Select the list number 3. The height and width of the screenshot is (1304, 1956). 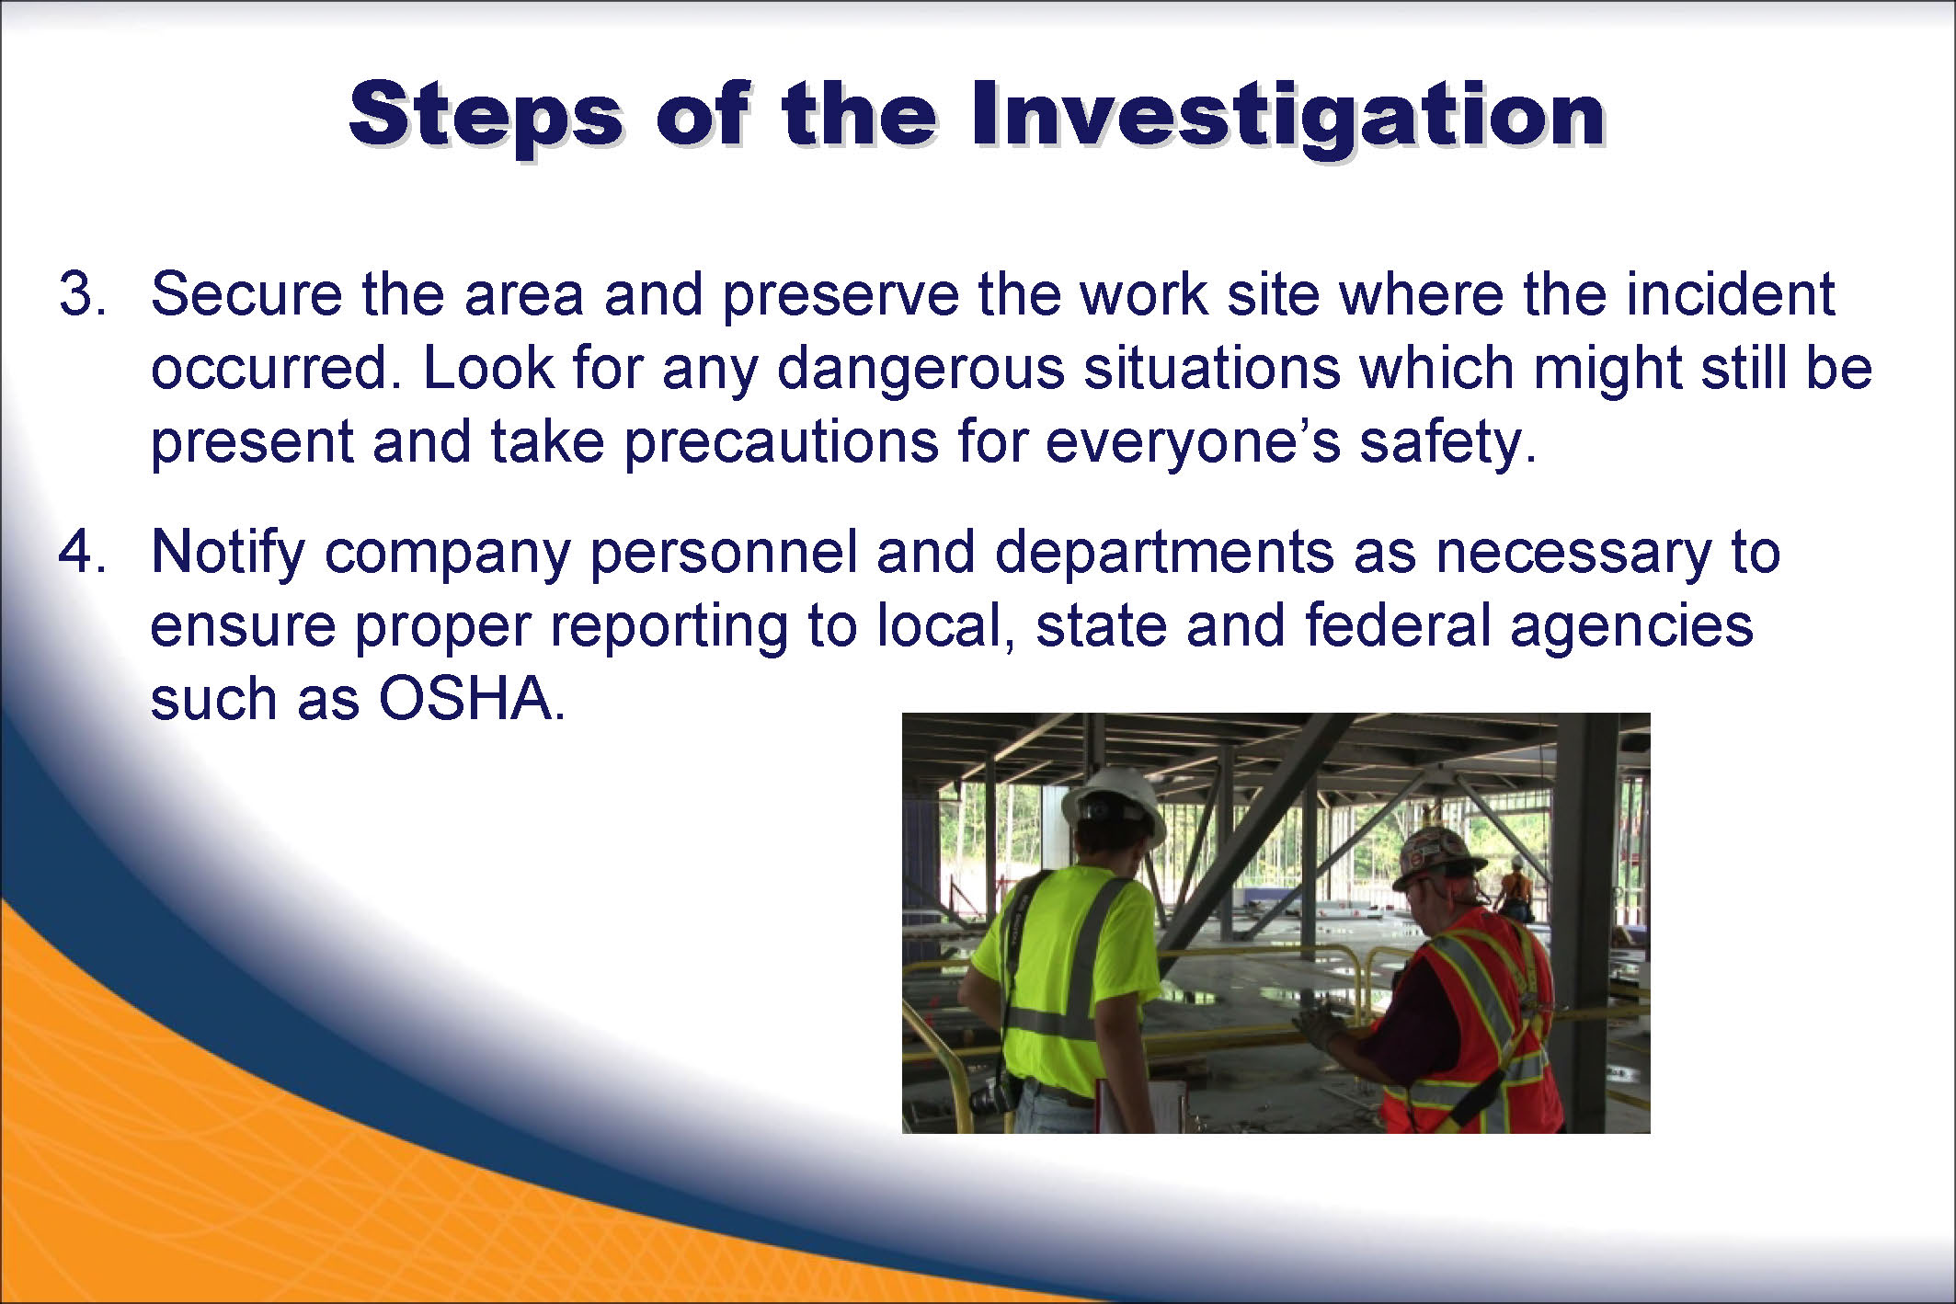[x=83, y=295]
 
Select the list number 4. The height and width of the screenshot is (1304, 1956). [x=83, y=553]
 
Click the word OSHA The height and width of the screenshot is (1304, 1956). [x=472, y=699]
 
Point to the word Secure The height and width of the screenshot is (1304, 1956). [x=246, y=295]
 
